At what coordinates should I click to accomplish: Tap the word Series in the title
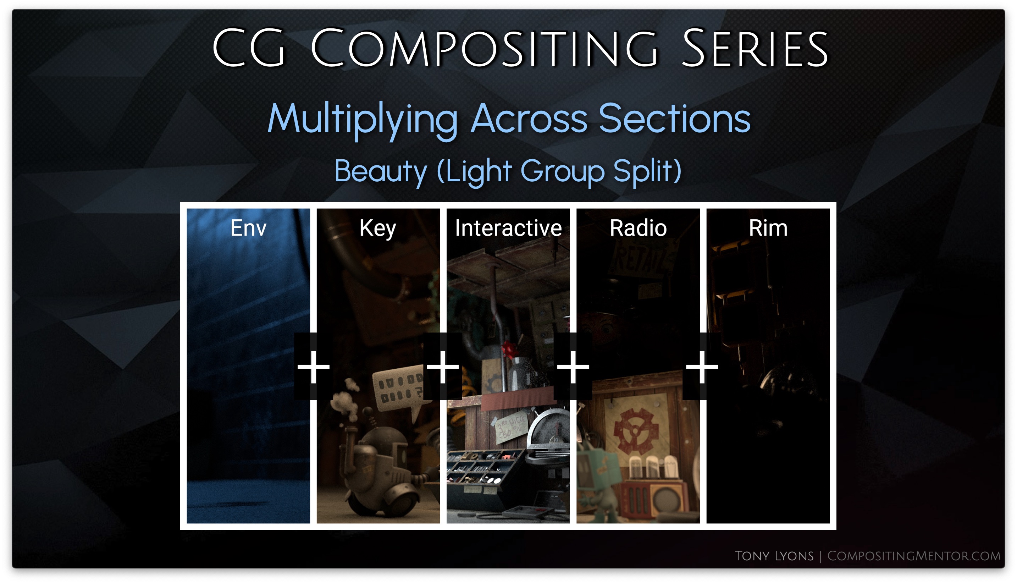pos(755,48)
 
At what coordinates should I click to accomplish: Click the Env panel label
pos(248,228)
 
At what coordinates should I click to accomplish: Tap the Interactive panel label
pos(508,228)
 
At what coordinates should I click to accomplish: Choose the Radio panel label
pos(638,228)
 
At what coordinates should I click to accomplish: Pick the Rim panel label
pos(768,228)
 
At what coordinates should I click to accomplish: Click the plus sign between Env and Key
pos(313,367)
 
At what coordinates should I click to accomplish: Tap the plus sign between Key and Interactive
pos(443,367)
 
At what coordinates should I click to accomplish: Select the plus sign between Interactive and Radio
pos(573,367)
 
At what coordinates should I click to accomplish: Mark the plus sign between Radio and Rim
pos(702,367)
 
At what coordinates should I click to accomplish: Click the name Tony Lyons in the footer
pos(774,556)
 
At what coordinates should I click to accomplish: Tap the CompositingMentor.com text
pos(914,556)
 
